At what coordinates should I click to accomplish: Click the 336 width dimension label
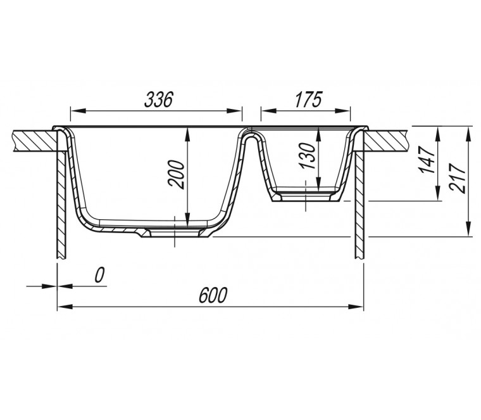[159, 99]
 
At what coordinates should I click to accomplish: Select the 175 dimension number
[308, 99]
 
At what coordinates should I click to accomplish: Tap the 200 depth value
[177, 174]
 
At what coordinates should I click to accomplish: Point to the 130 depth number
[308, 156]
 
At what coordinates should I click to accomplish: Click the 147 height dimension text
[428, 160]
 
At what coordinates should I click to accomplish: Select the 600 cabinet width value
[213, 295]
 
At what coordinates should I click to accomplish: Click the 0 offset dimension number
[99, 275]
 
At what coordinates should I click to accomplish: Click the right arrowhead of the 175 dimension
[342, 111]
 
